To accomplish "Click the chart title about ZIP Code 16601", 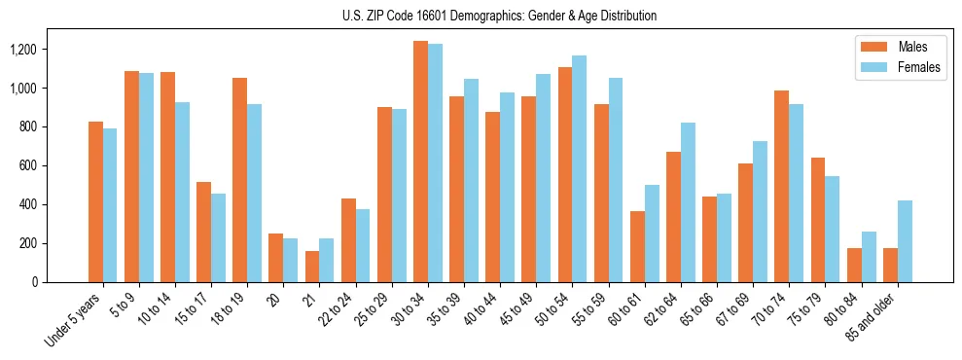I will [x=500, y=16].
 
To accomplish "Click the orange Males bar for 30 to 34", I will [x=420, y=162].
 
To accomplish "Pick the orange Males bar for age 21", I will [x=312, y=267].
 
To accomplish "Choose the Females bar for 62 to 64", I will [x=688, y=202].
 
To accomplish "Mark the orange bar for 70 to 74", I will [x=781, y=186].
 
